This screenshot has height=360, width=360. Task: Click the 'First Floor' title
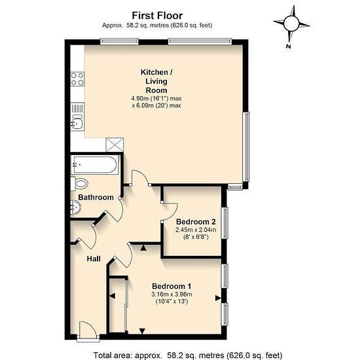(157, 16)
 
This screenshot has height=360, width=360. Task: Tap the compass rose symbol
(291, 23)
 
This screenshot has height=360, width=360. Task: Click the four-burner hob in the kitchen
(77, 79)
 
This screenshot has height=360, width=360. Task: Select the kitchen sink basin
(77, 124)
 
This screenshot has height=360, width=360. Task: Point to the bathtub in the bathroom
(95, 165)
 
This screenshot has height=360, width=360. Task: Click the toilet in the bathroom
(79, 184)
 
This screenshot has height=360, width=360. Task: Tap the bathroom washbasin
(75, 207)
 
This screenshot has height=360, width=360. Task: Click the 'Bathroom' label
(96, 197)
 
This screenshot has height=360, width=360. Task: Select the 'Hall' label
(94, 259)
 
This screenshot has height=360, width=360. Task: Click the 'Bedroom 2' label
(196, 222)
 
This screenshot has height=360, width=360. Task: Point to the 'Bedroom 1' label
(171, 286)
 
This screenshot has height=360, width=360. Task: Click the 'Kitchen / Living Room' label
(156, 81)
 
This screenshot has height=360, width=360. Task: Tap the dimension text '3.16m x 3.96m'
(171, 294)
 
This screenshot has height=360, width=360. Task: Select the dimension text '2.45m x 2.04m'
(196, 230)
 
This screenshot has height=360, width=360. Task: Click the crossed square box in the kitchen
(115, 145)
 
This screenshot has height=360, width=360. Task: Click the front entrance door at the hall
(88, 330)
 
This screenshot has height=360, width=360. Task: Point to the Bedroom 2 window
(225, 223)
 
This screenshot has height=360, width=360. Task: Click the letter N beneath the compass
(289, 46)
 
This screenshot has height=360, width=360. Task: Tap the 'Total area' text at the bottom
(188, 355)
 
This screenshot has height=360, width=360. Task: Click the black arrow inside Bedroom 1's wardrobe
(113, 296)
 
